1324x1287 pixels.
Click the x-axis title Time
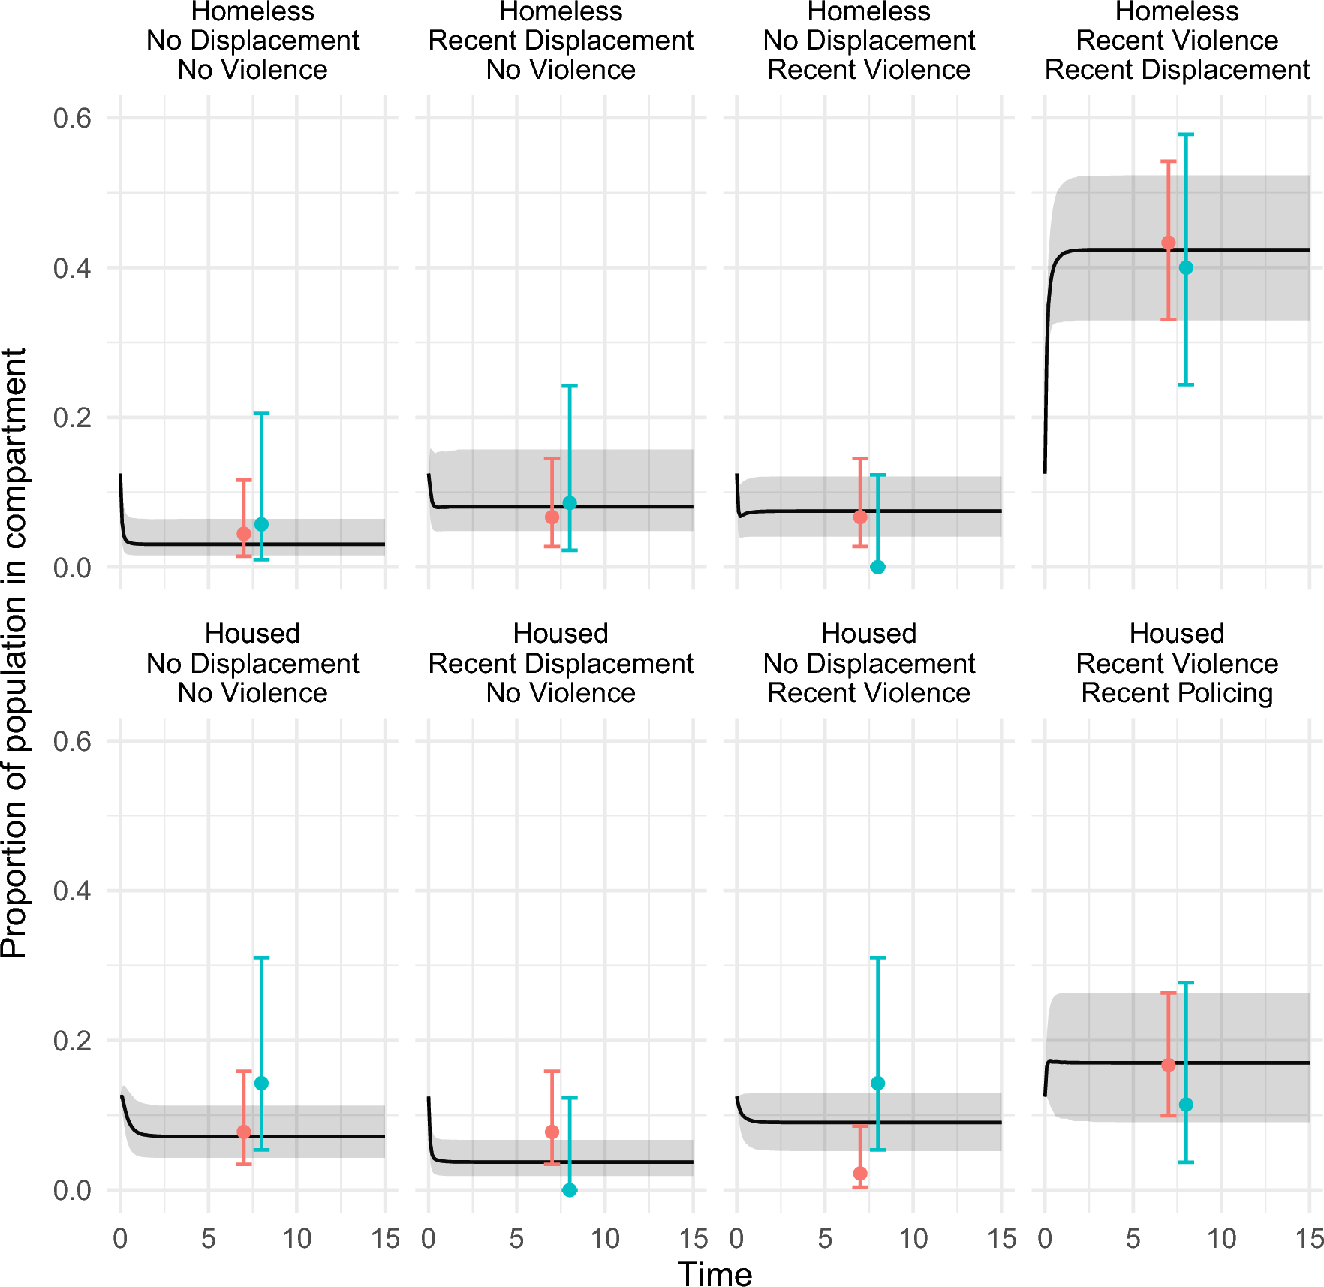714,1274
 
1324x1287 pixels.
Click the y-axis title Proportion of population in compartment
14,652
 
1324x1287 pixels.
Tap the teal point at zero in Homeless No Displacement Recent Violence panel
877,567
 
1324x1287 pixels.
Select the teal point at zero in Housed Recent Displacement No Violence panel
570,1190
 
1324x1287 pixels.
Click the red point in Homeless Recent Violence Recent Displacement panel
1168,243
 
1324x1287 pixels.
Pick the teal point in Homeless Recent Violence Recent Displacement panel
1186,267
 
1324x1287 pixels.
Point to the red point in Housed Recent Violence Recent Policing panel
1168,1065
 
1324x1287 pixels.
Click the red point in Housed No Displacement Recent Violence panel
860,1174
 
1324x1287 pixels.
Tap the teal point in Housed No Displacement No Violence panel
261,1083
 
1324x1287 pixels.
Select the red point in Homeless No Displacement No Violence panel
243,533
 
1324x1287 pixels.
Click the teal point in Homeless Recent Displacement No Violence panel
570,503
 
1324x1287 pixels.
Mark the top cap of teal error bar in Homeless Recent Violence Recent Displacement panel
1186,134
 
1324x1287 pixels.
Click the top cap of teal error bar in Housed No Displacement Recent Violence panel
877,957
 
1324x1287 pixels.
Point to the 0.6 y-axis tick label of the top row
72,118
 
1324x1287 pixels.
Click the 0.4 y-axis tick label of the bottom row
72,891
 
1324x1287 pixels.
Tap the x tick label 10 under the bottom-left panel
296,1238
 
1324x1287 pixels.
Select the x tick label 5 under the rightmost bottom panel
1133,1238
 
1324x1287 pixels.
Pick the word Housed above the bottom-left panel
252,633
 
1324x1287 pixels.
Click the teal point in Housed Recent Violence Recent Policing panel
1186,1105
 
